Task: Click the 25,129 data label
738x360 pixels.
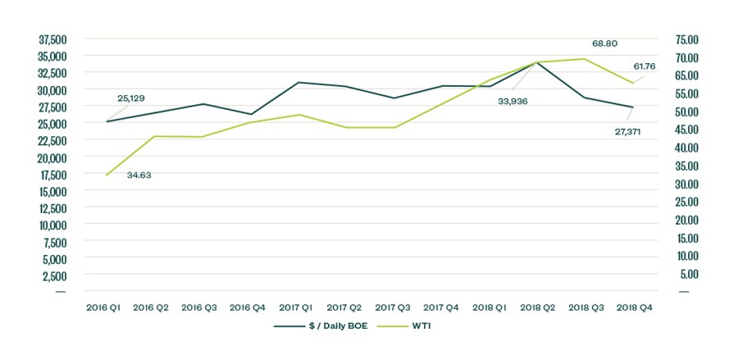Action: pyautogui.click(x=130, y=98)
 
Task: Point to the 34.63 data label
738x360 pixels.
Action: pyautogui.click(x=141, y=175)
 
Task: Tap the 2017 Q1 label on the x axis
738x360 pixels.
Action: pyautogui.click(x=295, y=308)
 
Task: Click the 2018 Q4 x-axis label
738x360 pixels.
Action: pyautogui.click(x=635, y=308)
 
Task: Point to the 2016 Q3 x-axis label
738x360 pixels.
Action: pyautogui.click(x=198, y=308)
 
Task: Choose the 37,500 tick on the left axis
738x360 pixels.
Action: pyautogui.click(x=52, y=39)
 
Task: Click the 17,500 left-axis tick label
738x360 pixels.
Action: pyautogui.click(x=52, y=174)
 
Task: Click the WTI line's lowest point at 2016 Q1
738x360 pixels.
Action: pyautogui.click(x=107, y=175)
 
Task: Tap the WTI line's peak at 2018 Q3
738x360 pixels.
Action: pyautogui.click(x=584, y=59)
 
